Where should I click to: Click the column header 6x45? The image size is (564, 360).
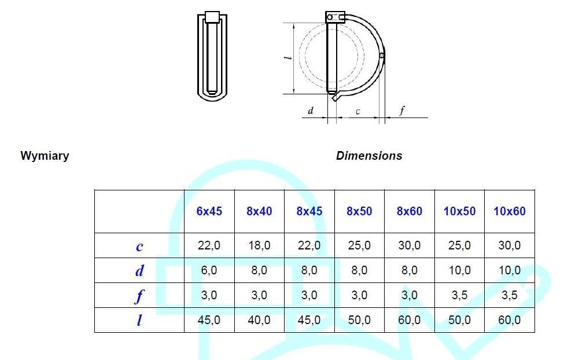[x=209, y=211]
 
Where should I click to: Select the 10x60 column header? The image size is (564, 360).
[x=509, y=211]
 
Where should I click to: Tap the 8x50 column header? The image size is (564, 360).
[x=359, y=211]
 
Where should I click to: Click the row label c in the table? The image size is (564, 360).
[x=139, y=247]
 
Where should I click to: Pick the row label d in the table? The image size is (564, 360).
[x=139, y=270]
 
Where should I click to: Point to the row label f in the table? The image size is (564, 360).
[x=139, y=296]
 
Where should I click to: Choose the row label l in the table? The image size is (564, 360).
[x=139, y=319]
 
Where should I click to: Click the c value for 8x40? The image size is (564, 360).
[x=259, y=245]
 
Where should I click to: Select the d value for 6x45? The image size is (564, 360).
[x=209, y=270]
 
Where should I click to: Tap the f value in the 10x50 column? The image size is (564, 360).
[x=459, y=295]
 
